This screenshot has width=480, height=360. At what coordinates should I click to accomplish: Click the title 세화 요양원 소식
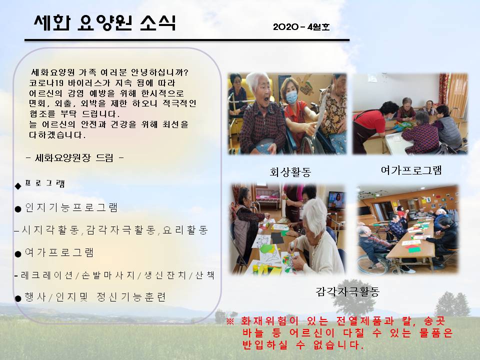pyautogui.click(x=105, y=22)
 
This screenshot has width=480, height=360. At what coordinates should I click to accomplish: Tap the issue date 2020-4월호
pyautogui.click(x=301, y=27)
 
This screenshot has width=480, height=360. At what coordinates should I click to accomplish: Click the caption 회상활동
pyautogui.click(x=290, y=171)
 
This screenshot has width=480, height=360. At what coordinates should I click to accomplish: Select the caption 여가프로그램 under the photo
pyautogui.click(x=411, y=170)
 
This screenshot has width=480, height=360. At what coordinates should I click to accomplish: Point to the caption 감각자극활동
pyautogui.click(x=347, y=291)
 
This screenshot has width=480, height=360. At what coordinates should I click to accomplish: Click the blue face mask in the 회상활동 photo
pyautogui.click(x=291, y=97)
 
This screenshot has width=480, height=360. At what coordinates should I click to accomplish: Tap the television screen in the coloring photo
pyautogui.click(x=336, y=200)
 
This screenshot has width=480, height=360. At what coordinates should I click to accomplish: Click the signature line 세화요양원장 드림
pyautogui.click(x=75, y=158)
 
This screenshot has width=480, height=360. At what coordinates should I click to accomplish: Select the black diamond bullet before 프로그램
pyautogui.click(x=18, y=186)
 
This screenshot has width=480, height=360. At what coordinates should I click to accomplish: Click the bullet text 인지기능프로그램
pyautogui.click(x=71, y=207)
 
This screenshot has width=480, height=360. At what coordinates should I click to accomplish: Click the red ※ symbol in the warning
pyautogui.click(x=230, y=321)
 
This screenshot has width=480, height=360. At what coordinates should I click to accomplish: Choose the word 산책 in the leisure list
pyautogui.click(x=205, y=275)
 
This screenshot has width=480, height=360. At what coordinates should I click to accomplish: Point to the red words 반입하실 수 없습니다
pyautogui.click(x=303, y=345)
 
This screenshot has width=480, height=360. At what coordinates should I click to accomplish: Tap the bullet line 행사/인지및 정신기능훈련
pyautogui.click(x=95, y=297)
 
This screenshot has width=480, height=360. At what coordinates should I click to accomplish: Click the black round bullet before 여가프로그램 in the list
pyautogui.click(x=18, y=254)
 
